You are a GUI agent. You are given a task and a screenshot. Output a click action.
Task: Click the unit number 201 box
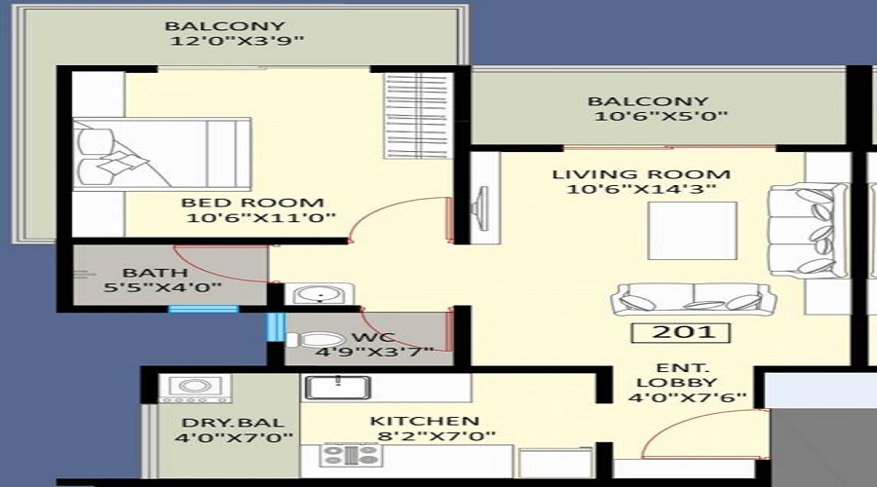(681, 333)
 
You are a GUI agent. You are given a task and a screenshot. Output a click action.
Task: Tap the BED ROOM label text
(252, 203)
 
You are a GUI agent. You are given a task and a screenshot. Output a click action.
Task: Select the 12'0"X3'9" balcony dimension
(237, 41)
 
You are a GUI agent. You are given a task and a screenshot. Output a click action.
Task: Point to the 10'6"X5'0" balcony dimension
(661, 116)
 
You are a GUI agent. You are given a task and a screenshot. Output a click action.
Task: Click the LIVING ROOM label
(641, 174)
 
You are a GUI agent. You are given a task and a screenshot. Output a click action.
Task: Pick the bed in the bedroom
(162, 154)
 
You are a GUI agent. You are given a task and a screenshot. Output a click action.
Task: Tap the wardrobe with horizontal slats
(418, 116)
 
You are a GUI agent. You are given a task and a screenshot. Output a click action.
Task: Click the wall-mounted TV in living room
(479, 208)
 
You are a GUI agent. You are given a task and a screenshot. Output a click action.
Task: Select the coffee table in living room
(692, 231)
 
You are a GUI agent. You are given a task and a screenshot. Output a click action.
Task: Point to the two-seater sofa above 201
(694, 299)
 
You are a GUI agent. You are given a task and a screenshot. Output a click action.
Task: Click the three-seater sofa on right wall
(808, 231)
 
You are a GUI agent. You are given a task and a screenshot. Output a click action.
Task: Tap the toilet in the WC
(315, 340)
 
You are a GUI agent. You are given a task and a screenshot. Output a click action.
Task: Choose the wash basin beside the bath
(319, 294)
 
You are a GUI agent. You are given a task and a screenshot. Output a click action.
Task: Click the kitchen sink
(337, 387)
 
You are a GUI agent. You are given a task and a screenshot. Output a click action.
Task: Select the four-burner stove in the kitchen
(351, 455)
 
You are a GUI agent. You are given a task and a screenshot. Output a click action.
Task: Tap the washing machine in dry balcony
(195, 389)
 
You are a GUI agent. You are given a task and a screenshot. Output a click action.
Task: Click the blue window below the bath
(204, 309)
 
